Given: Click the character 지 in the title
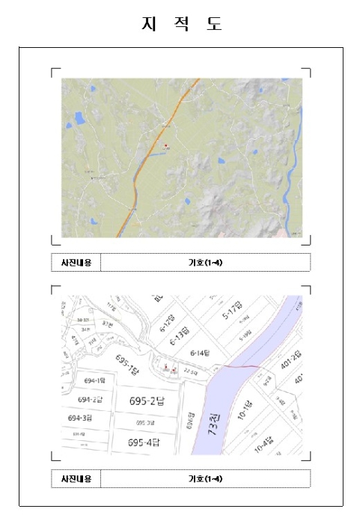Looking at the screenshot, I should [147, 24].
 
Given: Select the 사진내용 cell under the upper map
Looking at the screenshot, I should [76, 263].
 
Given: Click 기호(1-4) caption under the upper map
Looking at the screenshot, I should [205, 263].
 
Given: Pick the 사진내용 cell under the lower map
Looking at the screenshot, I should [76, 479].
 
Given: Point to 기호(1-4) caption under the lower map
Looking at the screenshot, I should [205, 479].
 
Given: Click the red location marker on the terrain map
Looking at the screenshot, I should [165, 145].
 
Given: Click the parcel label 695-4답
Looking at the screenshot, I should [144, 443].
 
